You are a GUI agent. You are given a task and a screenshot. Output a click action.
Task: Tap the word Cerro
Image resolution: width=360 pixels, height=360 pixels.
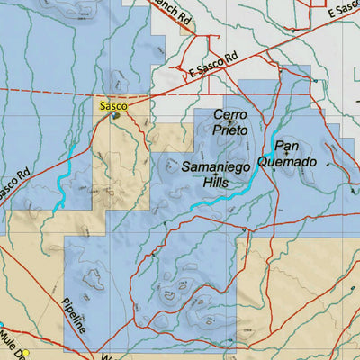point(230,115)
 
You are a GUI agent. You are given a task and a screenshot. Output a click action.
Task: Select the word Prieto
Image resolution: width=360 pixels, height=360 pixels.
point(230,130)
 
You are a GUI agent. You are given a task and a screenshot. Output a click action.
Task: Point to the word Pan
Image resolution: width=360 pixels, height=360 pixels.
point(287,146)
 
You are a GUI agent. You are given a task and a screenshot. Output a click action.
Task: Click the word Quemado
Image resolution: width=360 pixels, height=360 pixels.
point(287,162)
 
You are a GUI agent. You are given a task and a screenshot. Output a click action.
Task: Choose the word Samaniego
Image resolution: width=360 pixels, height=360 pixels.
point(217,167)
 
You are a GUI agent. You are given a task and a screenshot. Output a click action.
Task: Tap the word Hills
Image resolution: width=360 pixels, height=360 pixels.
point(216,182)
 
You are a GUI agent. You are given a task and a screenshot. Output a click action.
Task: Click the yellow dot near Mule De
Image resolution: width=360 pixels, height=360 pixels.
point(27,352)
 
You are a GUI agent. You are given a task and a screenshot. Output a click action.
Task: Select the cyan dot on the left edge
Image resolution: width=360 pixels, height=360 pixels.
point(2,325)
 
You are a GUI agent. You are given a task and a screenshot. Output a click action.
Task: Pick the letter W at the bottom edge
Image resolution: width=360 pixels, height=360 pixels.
point(105,356)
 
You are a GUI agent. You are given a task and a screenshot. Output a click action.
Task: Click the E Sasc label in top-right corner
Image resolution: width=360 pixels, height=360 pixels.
point(343,12)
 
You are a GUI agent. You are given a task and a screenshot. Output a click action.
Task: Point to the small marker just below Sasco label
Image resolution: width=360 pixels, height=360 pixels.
point(115,115)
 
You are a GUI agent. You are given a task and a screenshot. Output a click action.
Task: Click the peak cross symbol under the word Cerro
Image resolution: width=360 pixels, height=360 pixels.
point(230,122)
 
